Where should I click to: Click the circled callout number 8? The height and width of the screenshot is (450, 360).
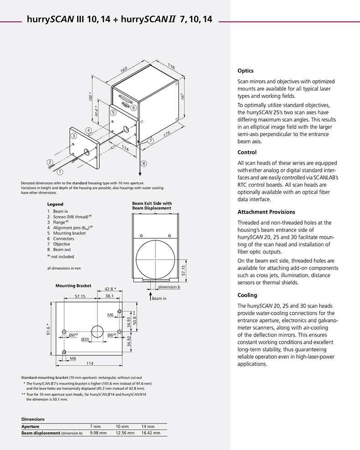point(144,163)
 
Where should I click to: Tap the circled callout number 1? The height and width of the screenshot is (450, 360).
point(59,172)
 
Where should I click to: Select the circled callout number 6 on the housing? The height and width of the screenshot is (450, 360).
point(134,108)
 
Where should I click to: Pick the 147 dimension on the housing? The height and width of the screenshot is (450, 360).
point(182,97)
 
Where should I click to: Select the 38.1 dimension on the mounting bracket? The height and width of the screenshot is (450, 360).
point(109,296)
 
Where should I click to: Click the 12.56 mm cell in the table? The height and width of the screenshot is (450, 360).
point(125,433)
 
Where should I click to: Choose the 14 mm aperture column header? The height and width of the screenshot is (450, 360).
point(148,426)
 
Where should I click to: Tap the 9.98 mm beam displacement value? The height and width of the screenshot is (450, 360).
point(98,433)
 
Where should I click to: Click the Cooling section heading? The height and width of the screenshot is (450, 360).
point(247,295)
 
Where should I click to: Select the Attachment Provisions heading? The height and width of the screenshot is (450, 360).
point(266,212)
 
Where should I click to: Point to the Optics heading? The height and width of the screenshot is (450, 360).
point(246,71)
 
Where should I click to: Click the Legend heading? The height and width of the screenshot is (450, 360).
point(55,204)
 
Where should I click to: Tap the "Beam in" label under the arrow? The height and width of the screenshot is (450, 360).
point(159,299)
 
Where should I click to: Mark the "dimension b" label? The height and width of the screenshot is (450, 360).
point(169,287)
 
